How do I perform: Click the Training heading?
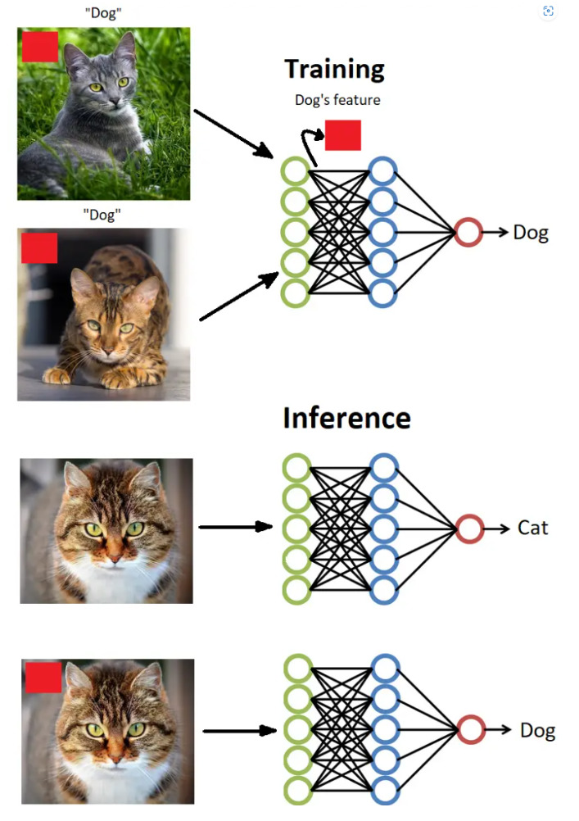[x=334, y=69]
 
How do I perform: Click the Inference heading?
[x=346, y=418]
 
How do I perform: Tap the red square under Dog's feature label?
[x=342, y=135]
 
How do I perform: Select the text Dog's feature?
[x=337, y=101]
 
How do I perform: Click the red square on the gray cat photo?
[x=40, y=47]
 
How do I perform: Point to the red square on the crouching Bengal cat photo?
[x=39, y=248]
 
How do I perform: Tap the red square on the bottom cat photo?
[x=43, y=678]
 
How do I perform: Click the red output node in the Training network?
[x=468, y=233]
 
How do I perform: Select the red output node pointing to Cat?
[x=469, y=528]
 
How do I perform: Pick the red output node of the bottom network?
[x=471, y=729]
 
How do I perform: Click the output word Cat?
[x=532, y=528]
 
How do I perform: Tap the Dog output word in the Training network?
[x=531, y=233]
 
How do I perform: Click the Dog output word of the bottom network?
[x=537, y=730]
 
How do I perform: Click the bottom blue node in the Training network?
[x=382, y=293]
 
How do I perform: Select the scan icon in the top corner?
[x=548, y=11]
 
